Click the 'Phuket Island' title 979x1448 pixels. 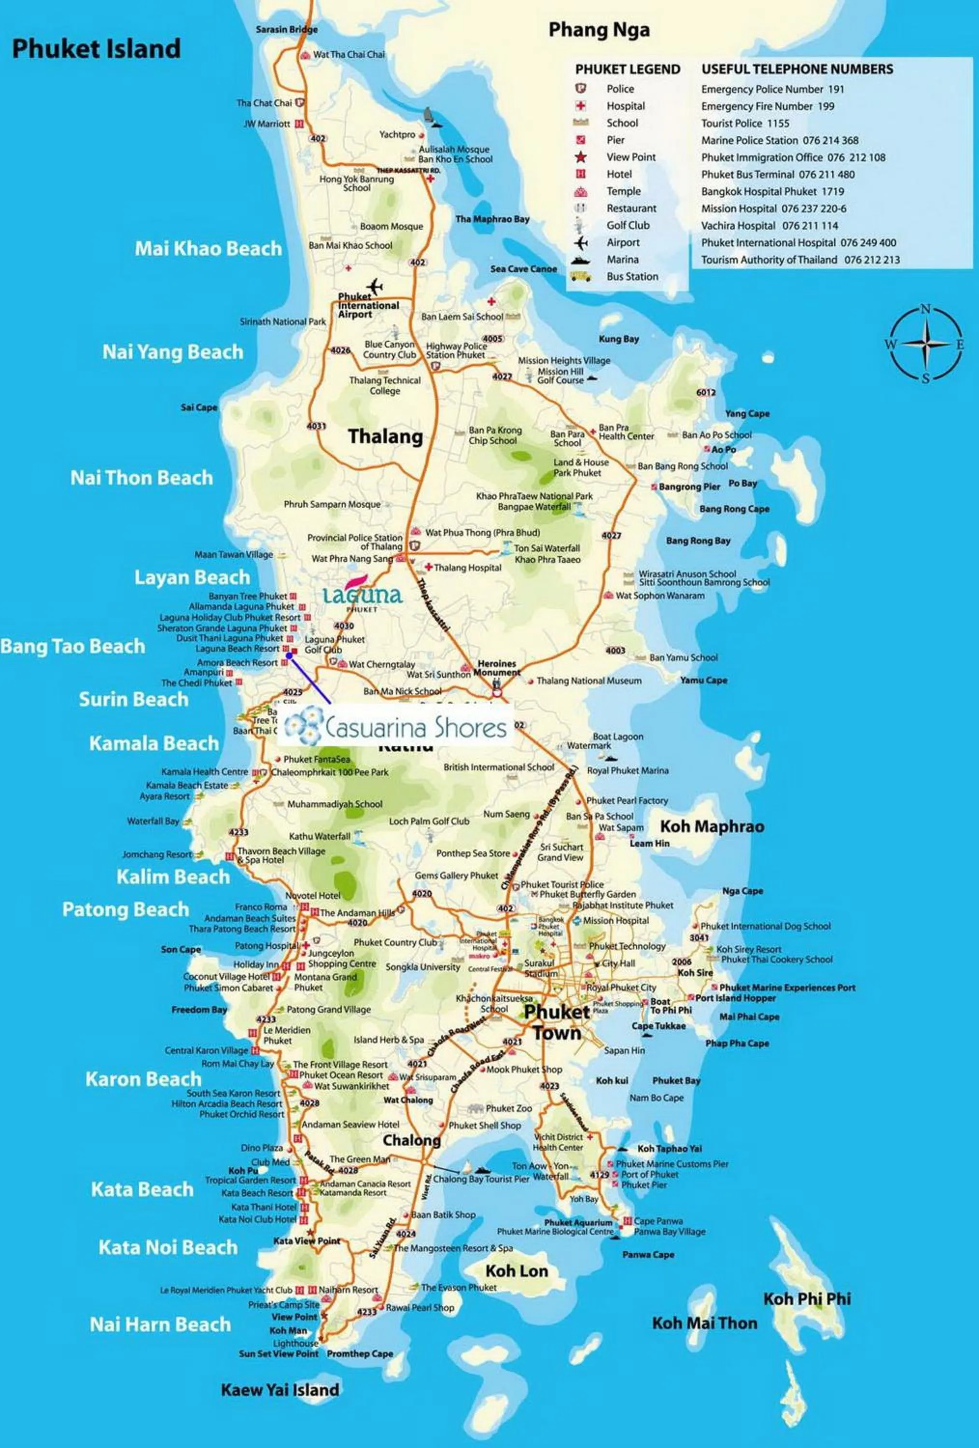[97, 49]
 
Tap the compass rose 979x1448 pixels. [926, 344]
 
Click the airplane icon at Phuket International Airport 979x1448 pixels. [375, 287]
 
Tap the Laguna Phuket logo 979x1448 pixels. [363, 596]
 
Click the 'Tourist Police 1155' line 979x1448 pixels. [745, 124]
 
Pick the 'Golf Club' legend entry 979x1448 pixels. [628, 225]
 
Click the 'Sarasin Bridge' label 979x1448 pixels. [287, 29]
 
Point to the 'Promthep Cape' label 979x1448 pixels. [360, 1353]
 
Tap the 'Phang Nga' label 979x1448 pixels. [598, 29]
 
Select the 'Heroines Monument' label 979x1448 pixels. [497, 668]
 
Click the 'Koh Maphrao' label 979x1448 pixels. [712, 826]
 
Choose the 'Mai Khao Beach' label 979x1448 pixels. [208, 249]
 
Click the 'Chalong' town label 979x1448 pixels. [411, 1140]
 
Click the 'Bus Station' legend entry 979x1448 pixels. [632, 277]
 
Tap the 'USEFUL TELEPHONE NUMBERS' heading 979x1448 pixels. [797, 69]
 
